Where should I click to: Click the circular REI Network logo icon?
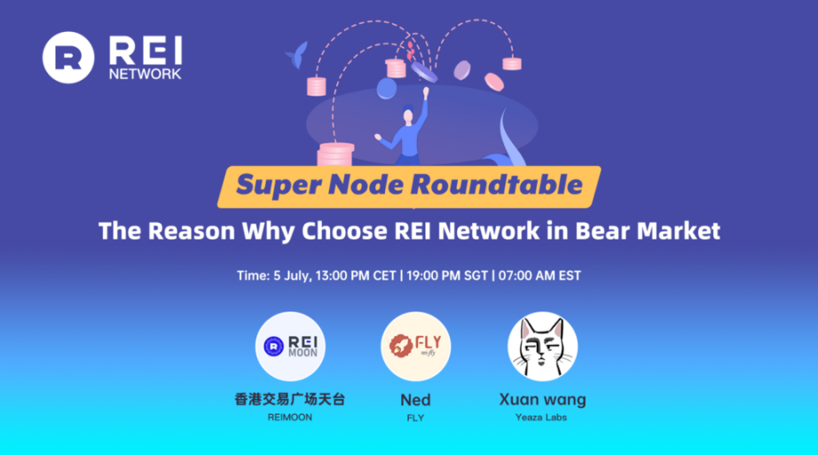[x=67, y=58]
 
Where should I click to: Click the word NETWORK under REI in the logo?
[x=145, y=75]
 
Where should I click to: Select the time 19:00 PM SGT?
[x=447, y=276]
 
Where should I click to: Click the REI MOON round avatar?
[x=290, y=346]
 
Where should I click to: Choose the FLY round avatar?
[x=415, y=346]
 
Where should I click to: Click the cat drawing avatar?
[x=542, y=346]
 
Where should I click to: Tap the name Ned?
[x=415, y=399]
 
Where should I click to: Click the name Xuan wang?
[x=542, y=399]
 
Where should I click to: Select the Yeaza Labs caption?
[x=542, y=417]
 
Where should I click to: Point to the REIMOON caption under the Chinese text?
[x=289, y=417]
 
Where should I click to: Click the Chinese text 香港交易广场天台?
[x=289, y=399]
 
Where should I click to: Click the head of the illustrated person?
[x=408, y=114]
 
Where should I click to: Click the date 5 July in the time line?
[x=287, y=276]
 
